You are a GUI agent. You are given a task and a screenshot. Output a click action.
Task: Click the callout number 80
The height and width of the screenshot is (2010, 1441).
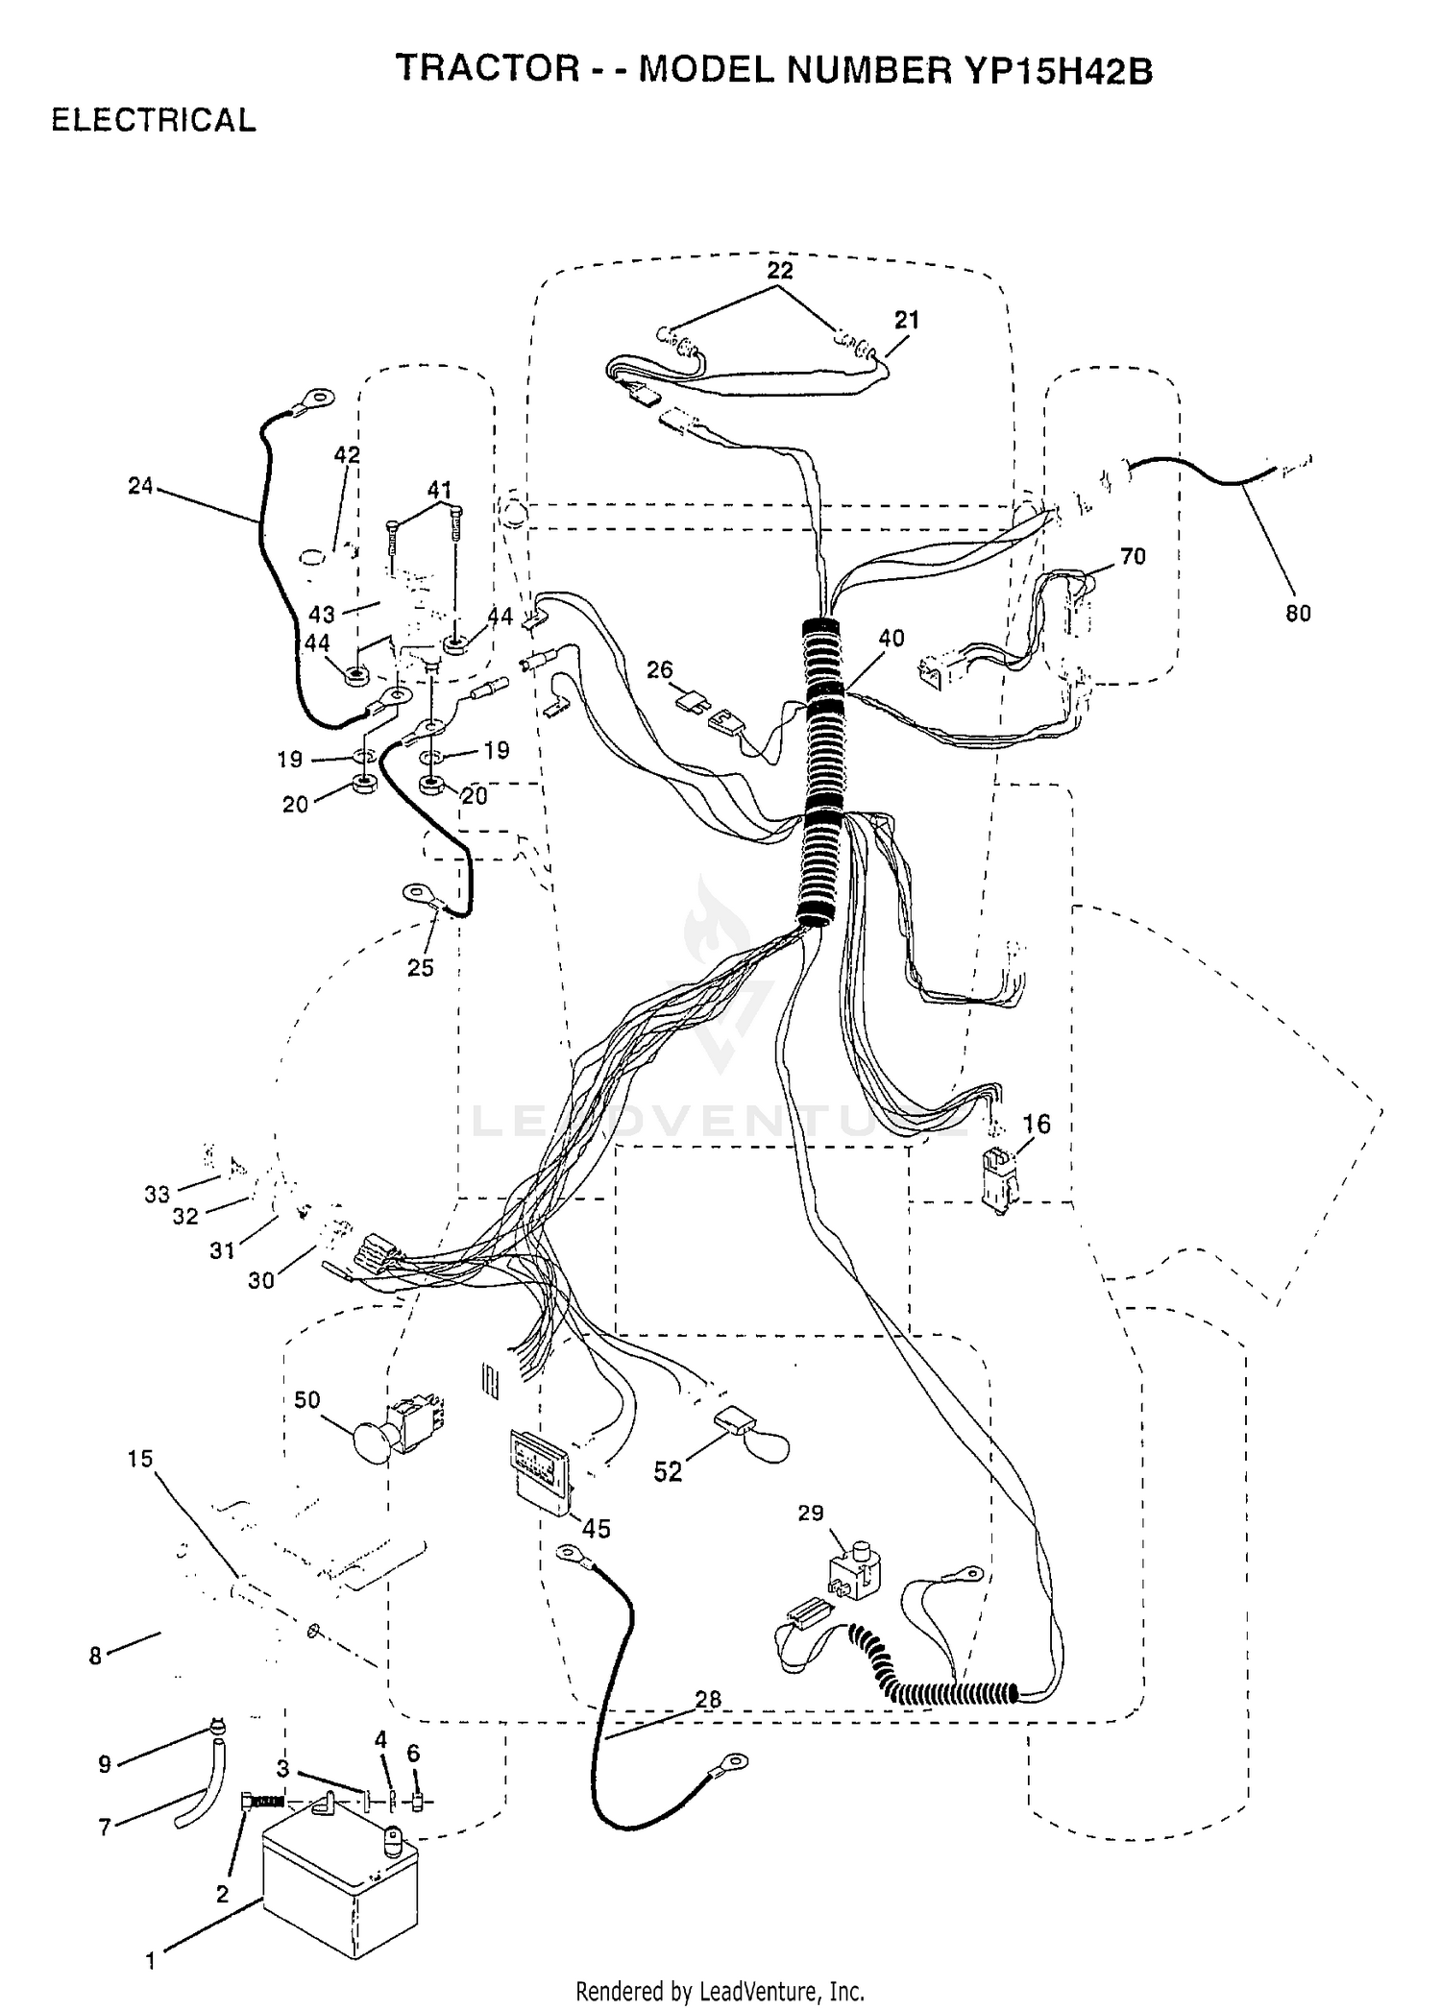tap(1298, 613)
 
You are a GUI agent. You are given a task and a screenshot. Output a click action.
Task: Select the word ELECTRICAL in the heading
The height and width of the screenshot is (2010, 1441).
tap(154, 120)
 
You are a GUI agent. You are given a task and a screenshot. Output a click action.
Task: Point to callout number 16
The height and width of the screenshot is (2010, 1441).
tap(1037, 1123)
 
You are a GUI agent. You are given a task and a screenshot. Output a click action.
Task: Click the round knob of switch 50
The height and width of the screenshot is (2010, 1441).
tap(373, 1441)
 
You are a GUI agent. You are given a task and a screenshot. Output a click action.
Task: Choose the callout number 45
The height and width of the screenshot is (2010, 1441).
tap(597, 1528)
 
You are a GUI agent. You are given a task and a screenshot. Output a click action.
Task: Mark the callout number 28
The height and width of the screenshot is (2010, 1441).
tap(708, 1699)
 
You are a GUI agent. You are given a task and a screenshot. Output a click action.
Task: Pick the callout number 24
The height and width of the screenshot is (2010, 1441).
tap(140, 486)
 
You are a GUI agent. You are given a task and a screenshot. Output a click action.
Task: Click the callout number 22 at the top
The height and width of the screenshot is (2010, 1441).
tap(780, 271)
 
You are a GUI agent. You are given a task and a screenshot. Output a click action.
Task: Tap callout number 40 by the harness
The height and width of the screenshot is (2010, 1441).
tap(891, 638)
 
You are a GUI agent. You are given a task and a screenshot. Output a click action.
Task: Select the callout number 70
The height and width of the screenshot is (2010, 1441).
tap(1134, 556)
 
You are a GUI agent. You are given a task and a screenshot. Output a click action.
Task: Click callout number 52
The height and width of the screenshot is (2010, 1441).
tap(668, 1471)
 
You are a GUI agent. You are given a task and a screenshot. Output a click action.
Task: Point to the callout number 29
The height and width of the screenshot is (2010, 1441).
tap(811, 1513)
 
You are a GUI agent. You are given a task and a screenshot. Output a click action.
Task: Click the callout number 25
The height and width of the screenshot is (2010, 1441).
tap(421, 967)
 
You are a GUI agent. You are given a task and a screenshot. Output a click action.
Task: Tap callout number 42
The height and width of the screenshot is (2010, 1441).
tap(347, 454)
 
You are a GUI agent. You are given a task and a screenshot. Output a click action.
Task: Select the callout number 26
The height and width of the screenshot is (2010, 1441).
tap(660, 669)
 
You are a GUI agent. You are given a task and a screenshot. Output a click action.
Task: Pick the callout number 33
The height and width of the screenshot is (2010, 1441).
tap(157, 1194)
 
